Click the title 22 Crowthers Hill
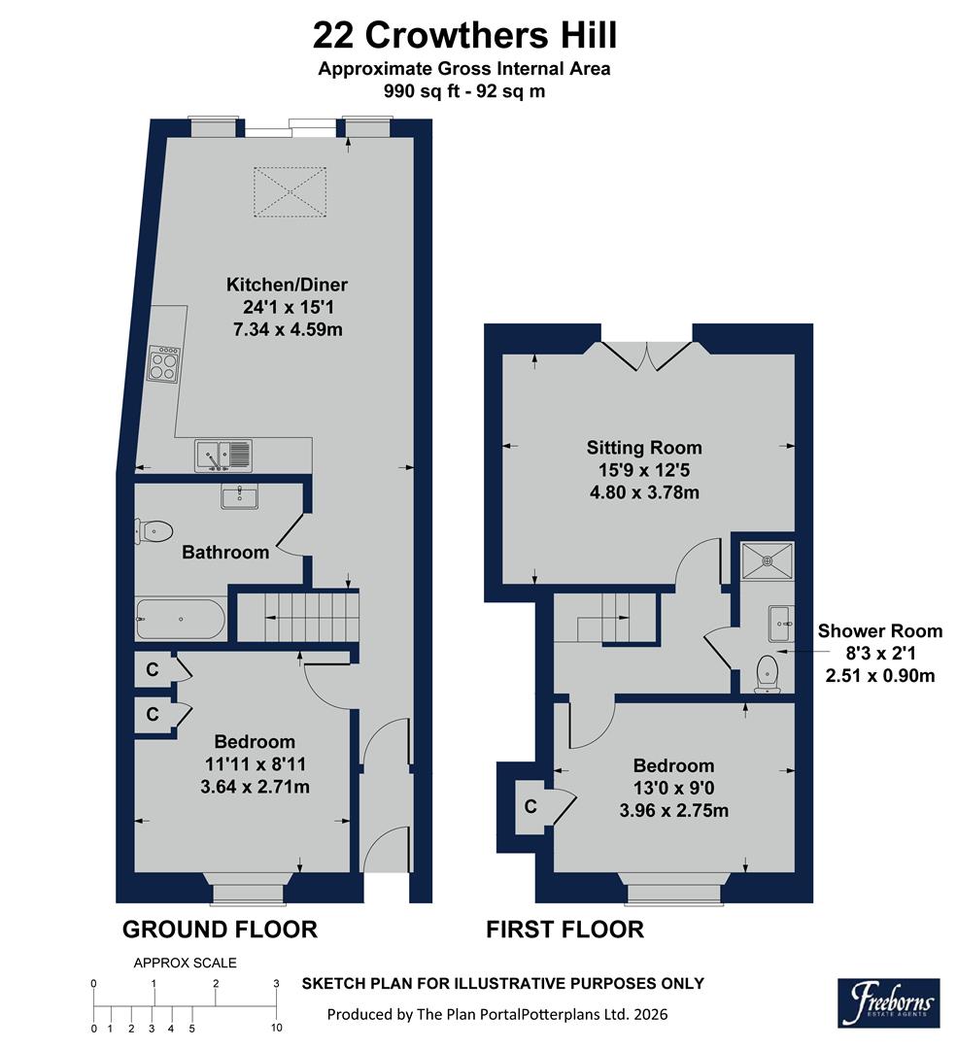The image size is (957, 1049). tap(464, 36)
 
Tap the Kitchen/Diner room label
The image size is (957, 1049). tap(287, 285)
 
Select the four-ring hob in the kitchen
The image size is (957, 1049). tap(163, 363)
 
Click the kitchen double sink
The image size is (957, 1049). tap(222, 455)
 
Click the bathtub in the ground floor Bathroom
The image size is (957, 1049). tap(181, 620)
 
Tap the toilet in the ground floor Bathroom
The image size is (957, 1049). tap(155, 530)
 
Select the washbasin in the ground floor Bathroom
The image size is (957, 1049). tap(239, 498)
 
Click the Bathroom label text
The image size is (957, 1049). tap(225, 553)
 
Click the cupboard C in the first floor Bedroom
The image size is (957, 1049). tap(530, 805)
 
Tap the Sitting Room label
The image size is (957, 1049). tap(643, 448)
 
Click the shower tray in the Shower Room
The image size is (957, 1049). tap(767, 559)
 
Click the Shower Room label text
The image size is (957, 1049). tap(876, 630)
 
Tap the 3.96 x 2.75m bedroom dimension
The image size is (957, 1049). tap(673, 810)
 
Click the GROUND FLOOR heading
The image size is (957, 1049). tap(220, 930)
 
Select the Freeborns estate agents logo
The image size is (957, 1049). tap(888, 1002)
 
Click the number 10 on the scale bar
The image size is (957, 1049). tap(276, 1027)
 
